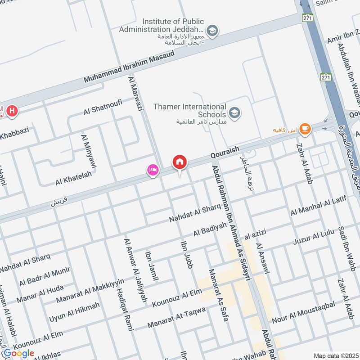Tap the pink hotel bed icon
152,170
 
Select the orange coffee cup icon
305,129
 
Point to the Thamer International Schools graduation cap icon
234,112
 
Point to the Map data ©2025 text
335,355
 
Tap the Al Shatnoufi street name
103,107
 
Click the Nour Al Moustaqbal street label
304,310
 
